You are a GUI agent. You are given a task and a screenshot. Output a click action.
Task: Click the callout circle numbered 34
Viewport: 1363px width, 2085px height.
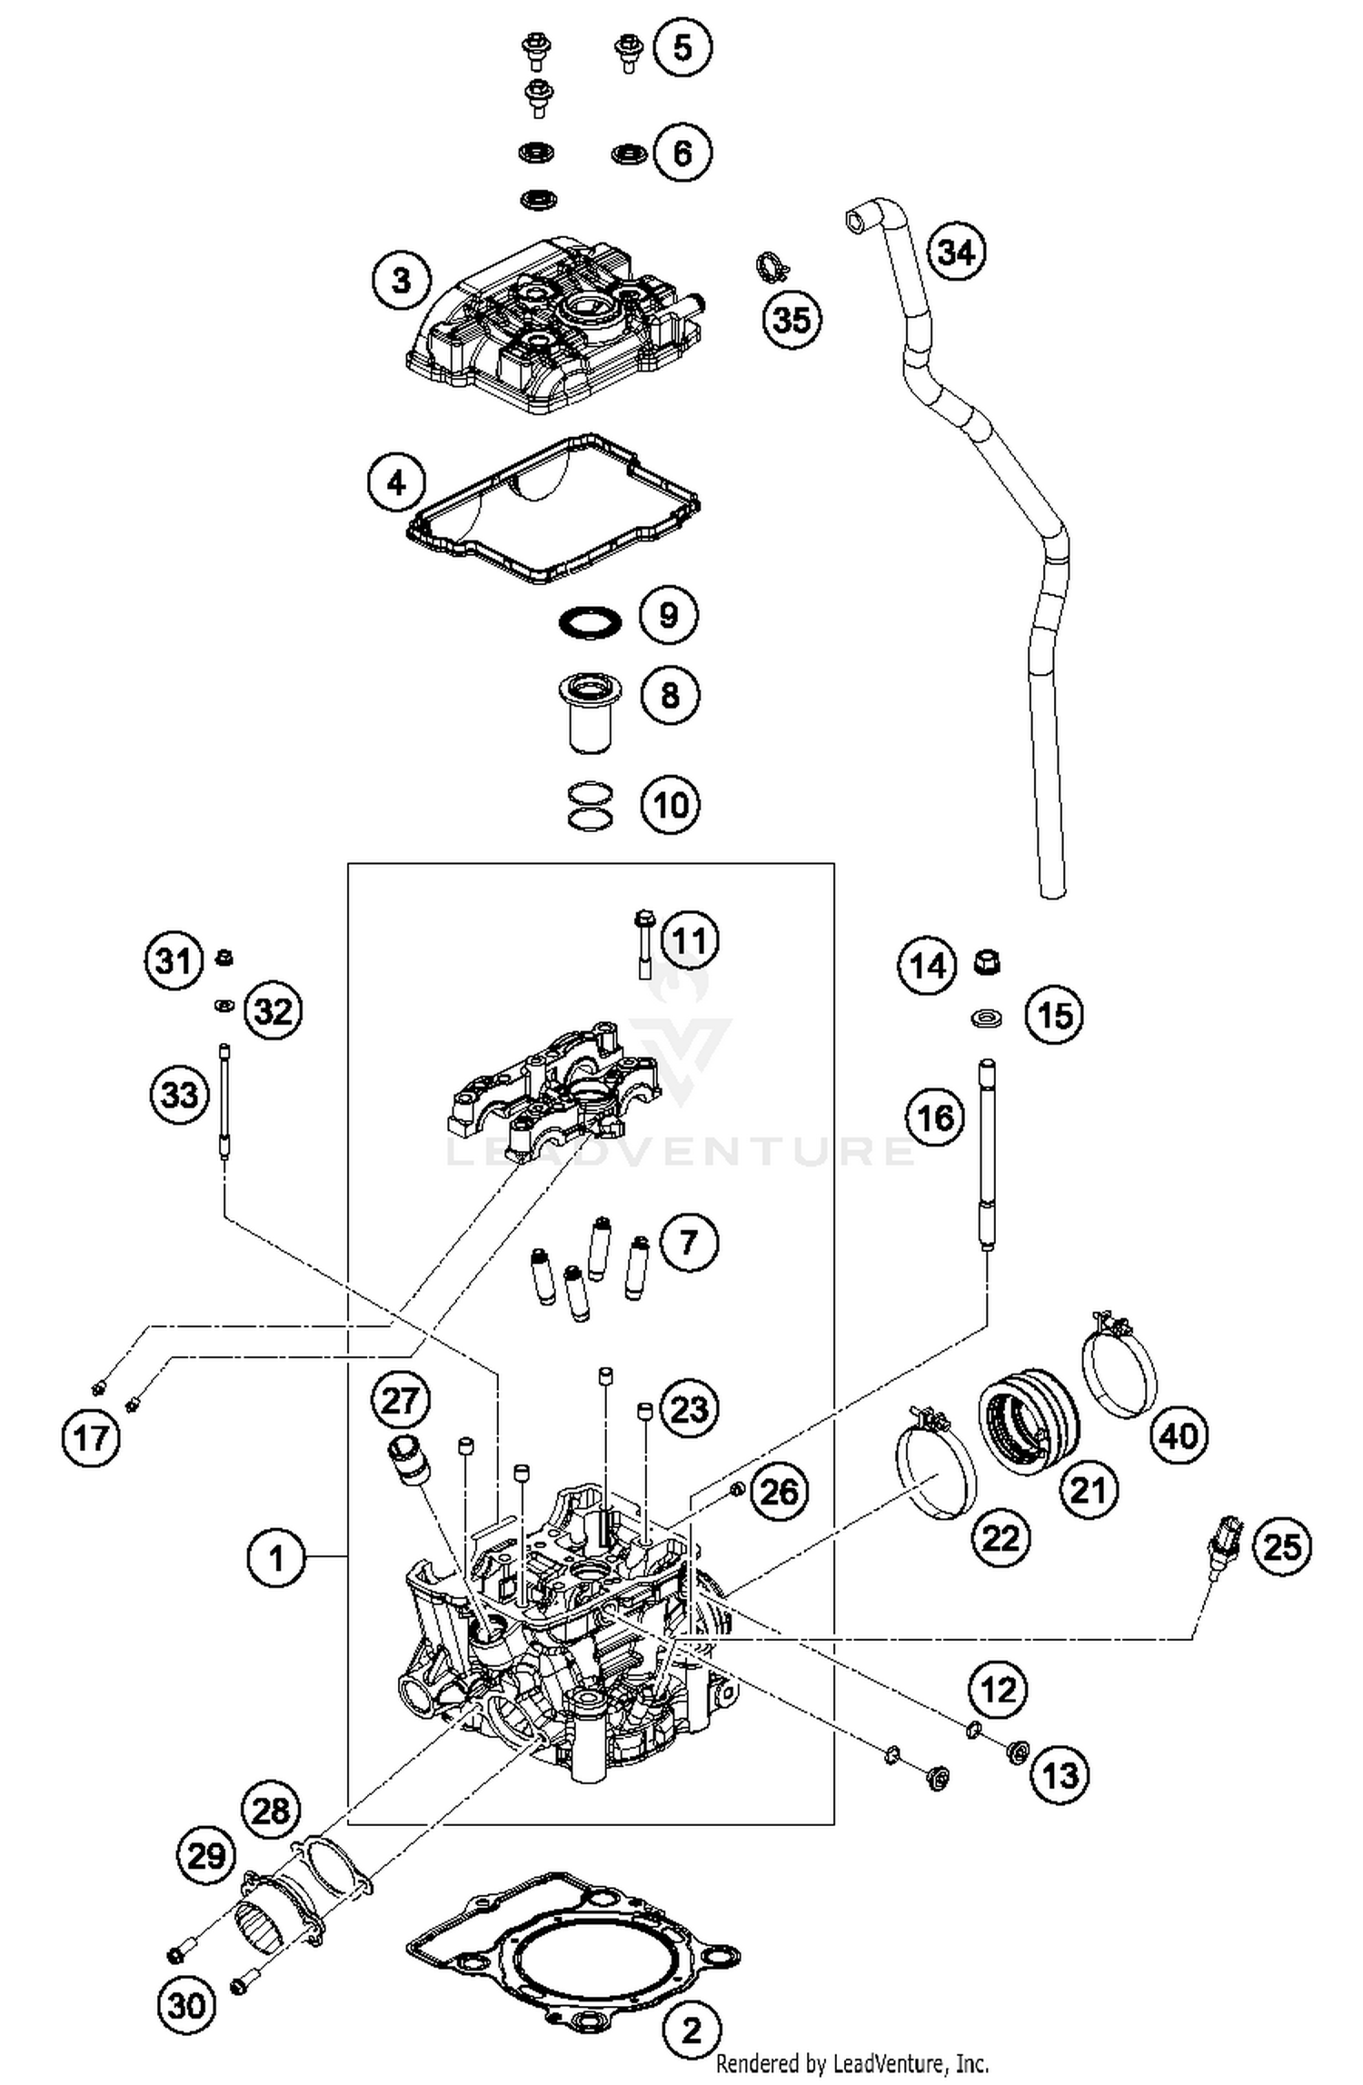pyautogui.click(x=956, y=251)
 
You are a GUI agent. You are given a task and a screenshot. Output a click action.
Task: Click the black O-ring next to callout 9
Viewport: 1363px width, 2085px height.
pyautogui.click(x=590, y=624)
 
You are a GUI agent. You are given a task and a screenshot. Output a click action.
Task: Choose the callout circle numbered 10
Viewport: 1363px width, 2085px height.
pyautogui.click(x=671, y=804)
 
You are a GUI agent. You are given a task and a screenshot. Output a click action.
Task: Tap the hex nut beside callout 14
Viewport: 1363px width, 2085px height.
pyautogui.click(x=987, y=961)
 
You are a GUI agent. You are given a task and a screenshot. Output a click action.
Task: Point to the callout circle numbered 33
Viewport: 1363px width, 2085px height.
pyautogui.click(x=178, y=1095)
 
